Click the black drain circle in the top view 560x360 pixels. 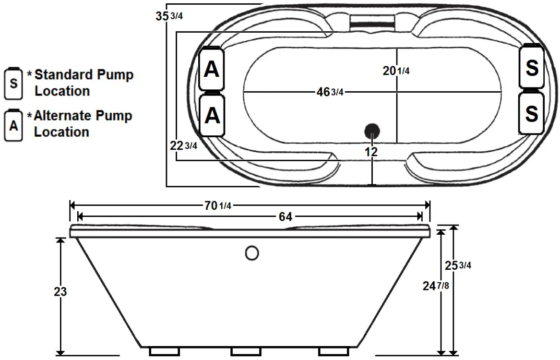point(372,131)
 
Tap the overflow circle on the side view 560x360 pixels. point(252,252)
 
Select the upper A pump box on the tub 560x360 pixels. point(212,70)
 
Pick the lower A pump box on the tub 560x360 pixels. point(212,115)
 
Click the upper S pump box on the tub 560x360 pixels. point(532,67)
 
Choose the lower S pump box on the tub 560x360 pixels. point(532,113)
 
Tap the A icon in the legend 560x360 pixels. point(14,125)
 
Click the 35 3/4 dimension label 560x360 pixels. point(169,16)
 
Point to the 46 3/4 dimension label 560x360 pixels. point(329,92)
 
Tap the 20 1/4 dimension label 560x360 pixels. point(396,71)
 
